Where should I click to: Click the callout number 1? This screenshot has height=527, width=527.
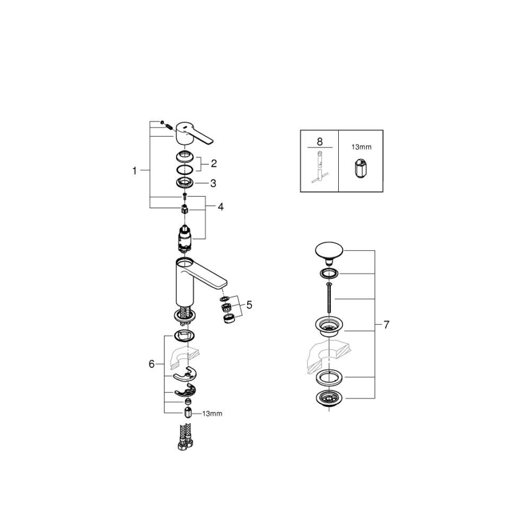[x=135, y=171]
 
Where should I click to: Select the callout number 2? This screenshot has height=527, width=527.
[x=213, y=163]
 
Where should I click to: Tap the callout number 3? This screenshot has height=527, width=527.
[x=213, y=183]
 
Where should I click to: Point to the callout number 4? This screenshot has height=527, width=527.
[x=221, y=207]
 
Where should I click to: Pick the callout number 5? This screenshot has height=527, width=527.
[x=249, y=304]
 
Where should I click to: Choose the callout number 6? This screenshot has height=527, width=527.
[x=152, y=364]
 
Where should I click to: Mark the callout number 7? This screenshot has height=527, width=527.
[x=386, y=325]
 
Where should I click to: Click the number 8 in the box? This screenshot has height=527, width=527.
[x=319, y=139]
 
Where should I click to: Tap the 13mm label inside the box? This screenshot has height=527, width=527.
[x=361, y=146]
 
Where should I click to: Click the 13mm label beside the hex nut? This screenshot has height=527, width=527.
[x=212, y=413]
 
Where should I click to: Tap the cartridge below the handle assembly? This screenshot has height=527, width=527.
[x=185, y=237]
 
